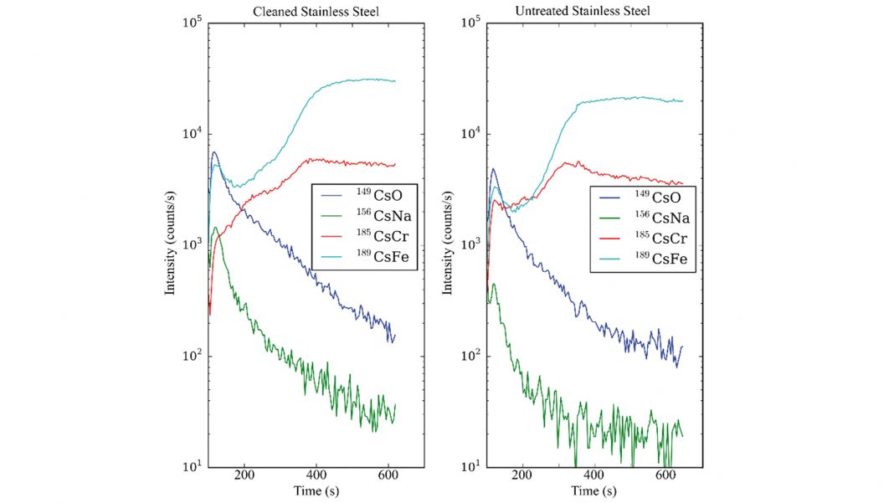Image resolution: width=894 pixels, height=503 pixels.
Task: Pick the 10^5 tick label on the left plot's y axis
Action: point(190,23)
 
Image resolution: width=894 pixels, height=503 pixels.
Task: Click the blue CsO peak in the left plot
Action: point(215,152)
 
